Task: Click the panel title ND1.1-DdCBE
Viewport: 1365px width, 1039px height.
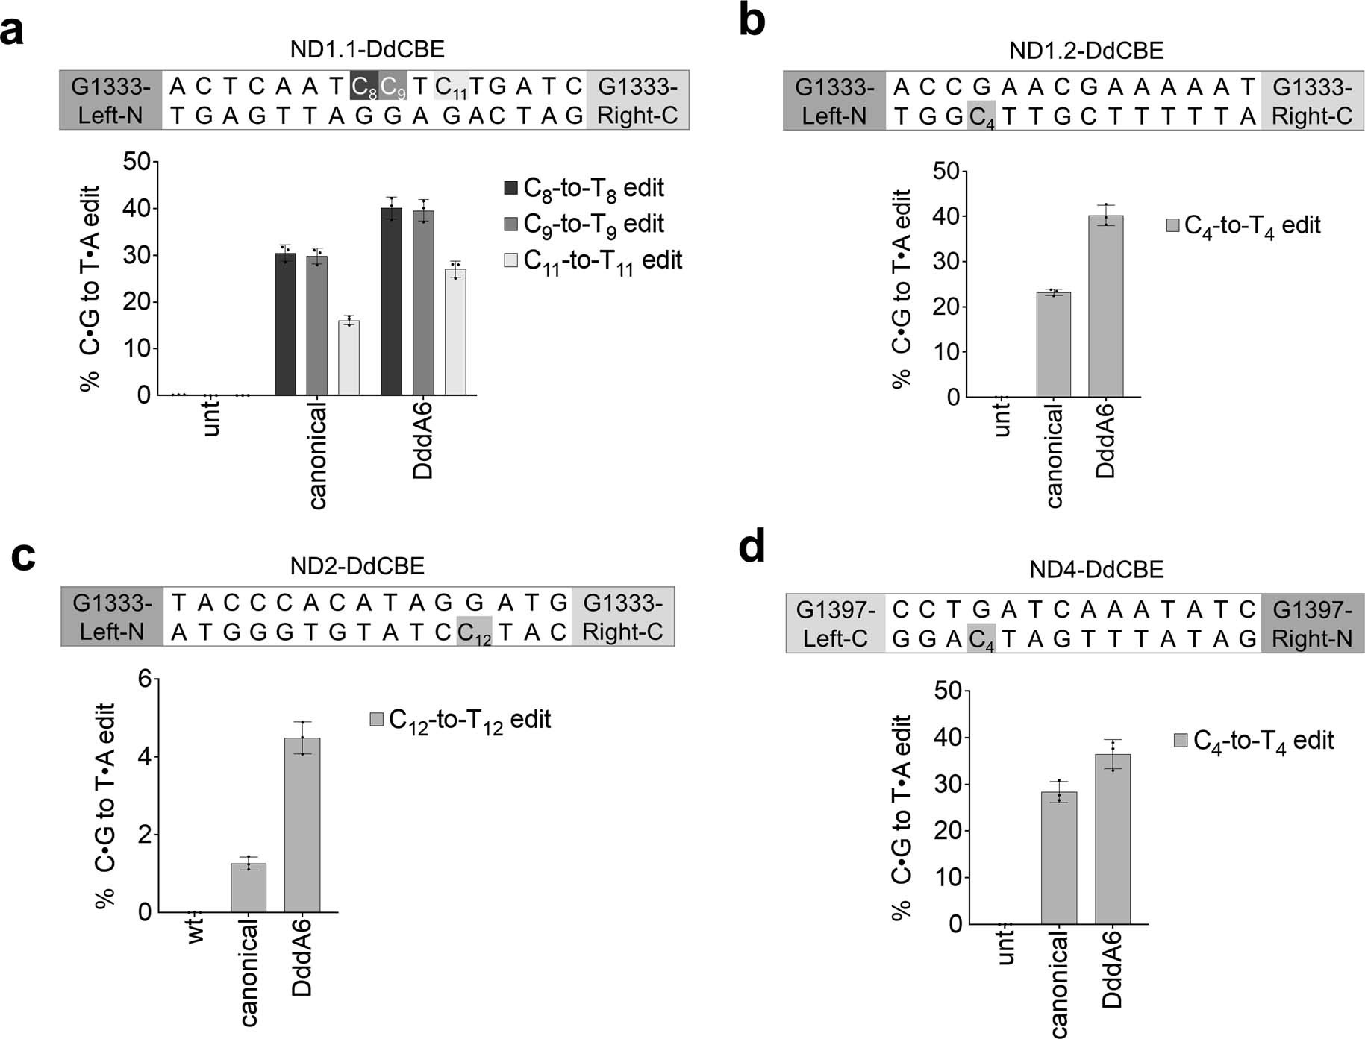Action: click(367, 49)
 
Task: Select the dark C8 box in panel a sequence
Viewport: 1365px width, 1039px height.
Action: click(363, 87)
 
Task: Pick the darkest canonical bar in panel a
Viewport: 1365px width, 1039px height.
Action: click(285, 324)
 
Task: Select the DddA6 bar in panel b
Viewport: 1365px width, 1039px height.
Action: click(1105, 307)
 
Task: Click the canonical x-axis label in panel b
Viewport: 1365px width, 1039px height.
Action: click(1054, 455)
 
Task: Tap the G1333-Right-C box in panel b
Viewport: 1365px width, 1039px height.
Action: click(1312, 101)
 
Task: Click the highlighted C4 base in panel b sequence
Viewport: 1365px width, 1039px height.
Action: click(981, 116)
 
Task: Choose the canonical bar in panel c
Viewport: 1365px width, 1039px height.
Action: click(248, 888)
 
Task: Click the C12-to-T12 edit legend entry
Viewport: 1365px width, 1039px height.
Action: click(460, 720)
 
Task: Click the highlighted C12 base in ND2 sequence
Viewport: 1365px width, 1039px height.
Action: click(474, 632)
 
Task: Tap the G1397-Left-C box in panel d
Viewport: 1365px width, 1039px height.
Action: click(835, 624)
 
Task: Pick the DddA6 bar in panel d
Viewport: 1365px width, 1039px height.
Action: click(1112, 839)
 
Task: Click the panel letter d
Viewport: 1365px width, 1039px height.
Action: click(752, 548)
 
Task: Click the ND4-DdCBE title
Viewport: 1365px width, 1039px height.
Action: click(1096, 570)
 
